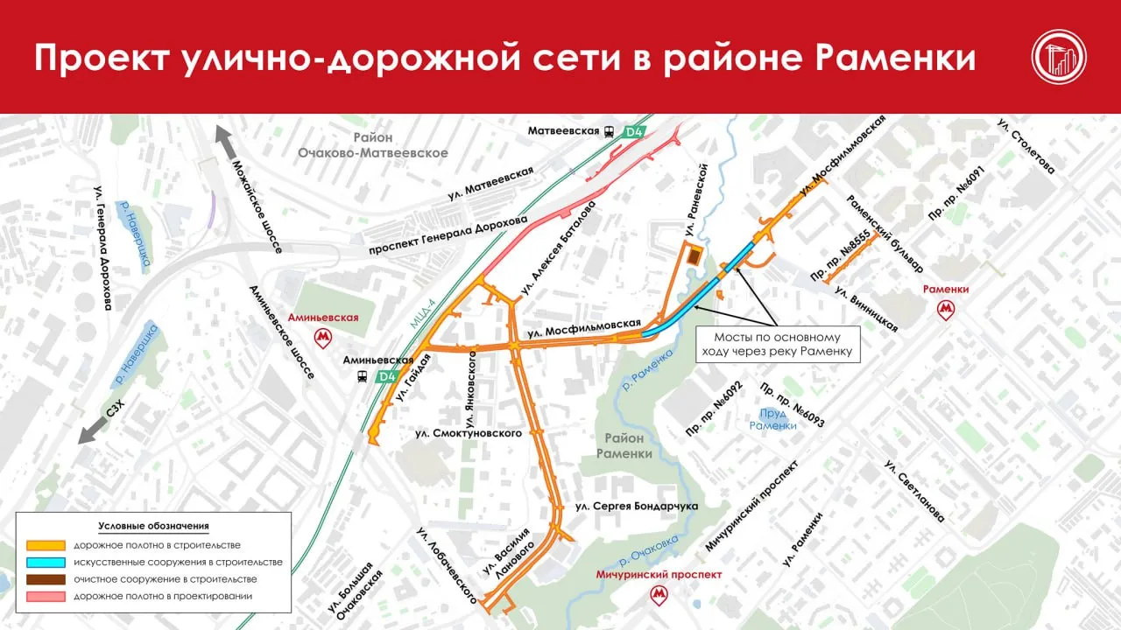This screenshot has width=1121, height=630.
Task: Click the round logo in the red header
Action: click(1058, 57)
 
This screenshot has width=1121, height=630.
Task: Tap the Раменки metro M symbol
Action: click(946, 309)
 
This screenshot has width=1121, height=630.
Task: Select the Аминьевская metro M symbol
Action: click(325, 336)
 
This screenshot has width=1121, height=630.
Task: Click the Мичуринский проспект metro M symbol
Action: click(658, 595)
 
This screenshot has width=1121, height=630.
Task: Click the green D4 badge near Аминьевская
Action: click(386, 377)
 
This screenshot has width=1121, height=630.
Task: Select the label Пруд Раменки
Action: click(773, 419)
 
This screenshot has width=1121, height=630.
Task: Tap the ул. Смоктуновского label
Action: click(470, 433)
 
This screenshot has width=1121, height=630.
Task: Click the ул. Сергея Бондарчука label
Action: click(636, 507)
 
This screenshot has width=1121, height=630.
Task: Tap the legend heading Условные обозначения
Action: click(153, 526)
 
